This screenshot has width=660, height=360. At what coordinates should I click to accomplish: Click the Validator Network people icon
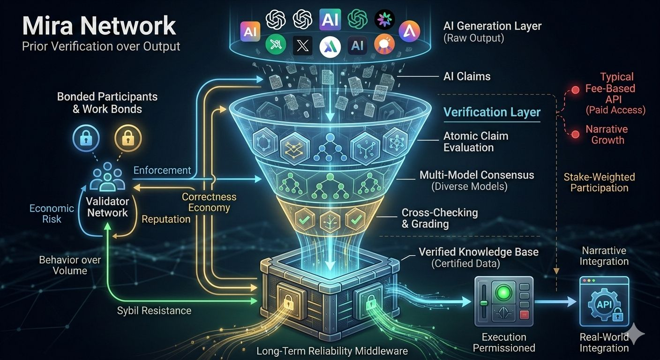tap(107, 178)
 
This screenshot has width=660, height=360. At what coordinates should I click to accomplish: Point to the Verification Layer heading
tap(492, 112)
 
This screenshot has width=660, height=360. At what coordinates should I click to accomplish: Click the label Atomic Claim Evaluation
tap(475, 142)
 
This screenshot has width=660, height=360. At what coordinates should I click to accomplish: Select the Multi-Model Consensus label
tap(476, 180)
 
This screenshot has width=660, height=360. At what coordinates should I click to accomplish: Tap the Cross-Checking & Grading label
tap(439, 218)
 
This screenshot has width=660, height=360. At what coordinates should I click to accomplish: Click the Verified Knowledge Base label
tap(478, 257)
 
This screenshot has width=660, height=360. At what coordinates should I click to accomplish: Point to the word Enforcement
tap(162, 170)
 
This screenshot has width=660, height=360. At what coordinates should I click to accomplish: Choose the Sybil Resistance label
tap(154, 310)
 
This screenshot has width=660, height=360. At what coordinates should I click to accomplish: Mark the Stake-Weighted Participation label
tap(599, 182)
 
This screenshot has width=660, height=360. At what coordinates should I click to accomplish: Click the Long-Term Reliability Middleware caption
tap(332, 351)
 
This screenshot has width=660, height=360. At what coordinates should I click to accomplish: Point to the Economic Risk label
tap(52, 213)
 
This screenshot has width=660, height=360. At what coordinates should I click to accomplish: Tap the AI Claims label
tap(466, 76)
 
